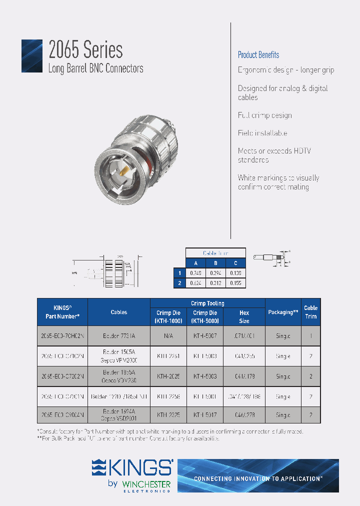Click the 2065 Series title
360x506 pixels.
[x=85, y=50]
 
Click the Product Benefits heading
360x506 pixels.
[x=258, y=55]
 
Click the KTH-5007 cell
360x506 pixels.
[x=204, y=336]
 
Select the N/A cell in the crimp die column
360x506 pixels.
[x=168, y=336]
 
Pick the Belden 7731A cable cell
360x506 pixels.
[x=118, y=336]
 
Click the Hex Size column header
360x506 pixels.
[x=244, y=316]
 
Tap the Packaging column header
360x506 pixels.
[x=283, y=312]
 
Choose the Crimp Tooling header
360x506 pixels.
[x=207, y=303]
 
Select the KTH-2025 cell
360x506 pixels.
[x=168, y=375]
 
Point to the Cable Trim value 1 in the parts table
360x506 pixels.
[x=310, y=336]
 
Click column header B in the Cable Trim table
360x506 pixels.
[x=215, y=263]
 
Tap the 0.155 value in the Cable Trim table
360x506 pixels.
[x=235, y=282]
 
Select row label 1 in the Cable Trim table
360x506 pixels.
[x=179, y=272]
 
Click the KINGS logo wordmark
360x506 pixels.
[x=132, y=468]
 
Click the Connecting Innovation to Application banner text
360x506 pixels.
[x=258, y=478]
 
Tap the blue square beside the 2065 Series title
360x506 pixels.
[x=31, y=56]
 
